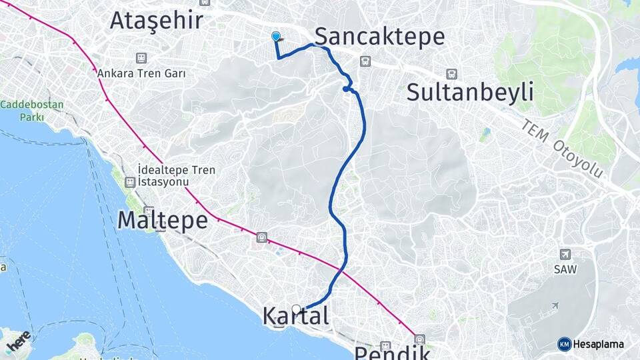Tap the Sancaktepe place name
(x=379, y=36)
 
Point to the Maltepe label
(x=163, y=220)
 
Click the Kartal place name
(x=296, y=316)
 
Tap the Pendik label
(x=391, y=352)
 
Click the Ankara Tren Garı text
(x=141, y=73)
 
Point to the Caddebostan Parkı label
(x=32, y=111)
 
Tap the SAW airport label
(x=565, y=269)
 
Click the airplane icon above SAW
(x=565, y=254)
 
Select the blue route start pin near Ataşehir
(x=276, y=37)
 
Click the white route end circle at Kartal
(x=297, y=309)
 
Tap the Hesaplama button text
(x=598, y=344)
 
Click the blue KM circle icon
(x=564, y=344)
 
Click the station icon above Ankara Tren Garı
(x=141, y=59)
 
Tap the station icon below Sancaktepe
(x=365, y=61)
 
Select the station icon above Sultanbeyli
(x=452, y=74)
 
